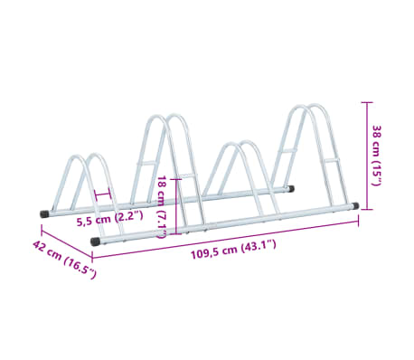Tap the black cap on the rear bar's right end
289,189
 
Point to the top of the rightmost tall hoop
307,108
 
